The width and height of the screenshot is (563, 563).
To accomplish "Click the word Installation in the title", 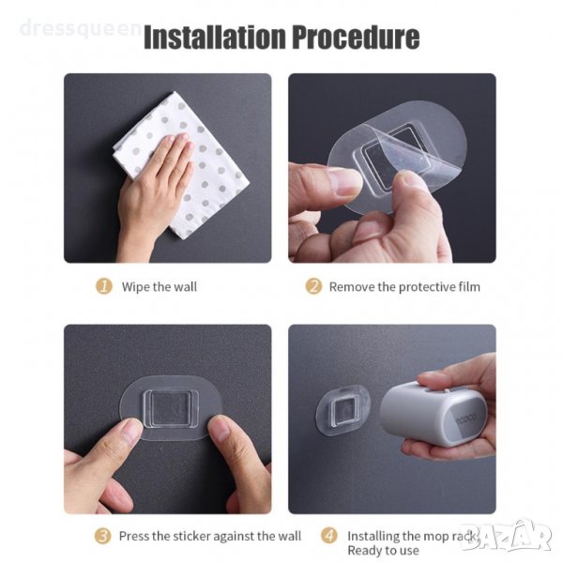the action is (216, 37).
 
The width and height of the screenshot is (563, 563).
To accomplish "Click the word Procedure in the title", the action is (356, 37).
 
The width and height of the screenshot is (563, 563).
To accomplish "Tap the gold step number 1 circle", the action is (104, 286).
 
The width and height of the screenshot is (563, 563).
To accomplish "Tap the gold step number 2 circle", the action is (313, 286).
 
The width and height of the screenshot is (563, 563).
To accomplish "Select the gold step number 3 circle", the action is (102, 536).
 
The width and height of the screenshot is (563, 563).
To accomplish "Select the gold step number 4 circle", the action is (329, 536).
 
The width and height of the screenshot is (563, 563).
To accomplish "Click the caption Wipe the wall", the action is (160, 287).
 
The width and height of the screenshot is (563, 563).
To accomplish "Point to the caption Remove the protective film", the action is (404, 287).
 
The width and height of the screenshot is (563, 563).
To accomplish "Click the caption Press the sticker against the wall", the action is (210, 536).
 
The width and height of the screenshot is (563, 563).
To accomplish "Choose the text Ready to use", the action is (383, 551).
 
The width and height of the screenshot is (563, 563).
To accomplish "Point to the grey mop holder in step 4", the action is (434, 413).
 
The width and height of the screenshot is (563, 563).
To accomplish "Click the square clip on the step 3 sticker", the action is (171, 408).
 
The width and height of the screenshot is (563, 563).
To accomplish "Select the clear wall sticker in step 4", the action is (342, 410).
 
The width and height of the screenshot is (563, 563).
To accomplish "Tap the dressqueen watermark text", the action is (80, 28).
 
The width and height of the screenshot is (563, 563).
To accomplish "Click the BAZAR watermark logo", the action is (507, 536).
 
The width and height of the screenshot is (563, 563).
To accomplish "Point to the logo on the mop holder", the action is (466, 417).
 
